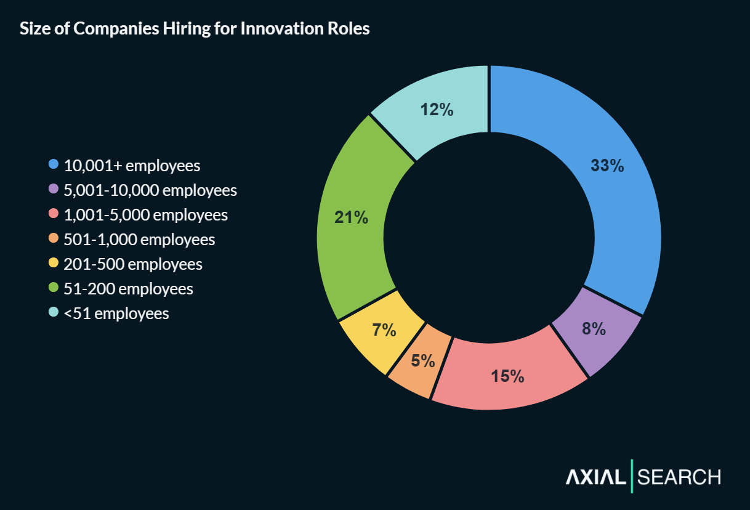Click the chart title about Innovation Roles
195,29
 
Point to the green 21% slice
351,219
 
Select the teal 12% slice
437,111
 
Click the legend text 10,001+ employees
132,166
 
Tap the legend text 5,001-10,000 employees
150,190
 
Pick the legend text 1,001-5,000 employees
146,215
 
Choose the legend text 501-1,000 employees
140,240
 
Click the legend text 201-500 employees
133,264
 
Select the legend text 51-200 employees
129,289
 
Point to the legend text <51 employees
116,314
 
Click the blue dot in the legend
54,164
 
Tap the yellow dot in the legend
54,263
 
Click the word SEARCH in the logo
679,477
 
